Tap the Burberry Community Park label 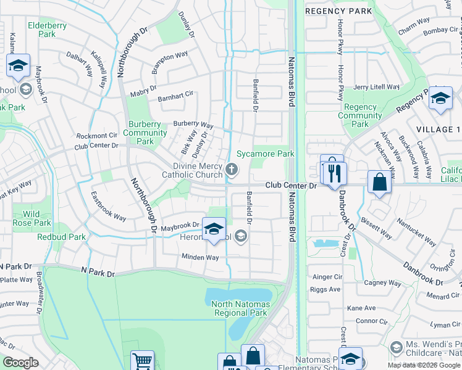click(x=145, y=133)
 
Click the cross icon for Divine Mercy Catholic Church click(x=232, y=170)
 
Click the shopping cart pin click(x=143, y=360)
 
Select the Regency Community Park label click(x=360, y=115)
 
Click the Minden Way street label click(x=200, y=257)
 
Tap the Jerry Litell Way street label click(x=377, y=88)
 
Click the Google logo click(x=20, y=363)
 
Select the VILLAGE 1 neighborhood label click(x=438, y=129)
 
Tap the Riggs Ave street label click(x=326, y=289)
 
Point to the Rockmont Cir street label click(x=96, y=136)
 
